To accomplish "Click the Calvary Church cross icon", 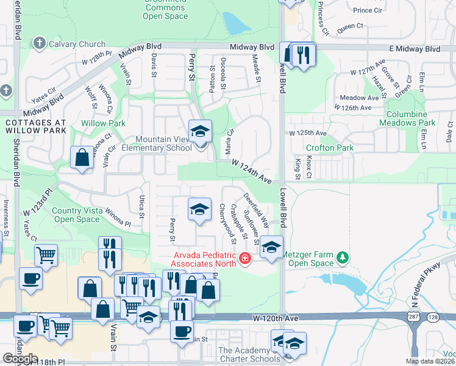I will pos(40,43).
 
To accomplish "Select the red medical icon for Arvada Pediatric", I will pos(245,259).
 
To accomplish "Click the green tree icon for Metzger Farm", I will pos(343,259).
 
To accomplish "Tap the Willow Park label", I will pos(104,123).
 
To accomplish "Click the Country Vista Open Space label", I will pos(76,215).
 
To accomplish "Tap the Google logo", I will pos(20,359).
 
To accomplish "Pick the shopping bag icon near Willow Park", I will pos(82,158).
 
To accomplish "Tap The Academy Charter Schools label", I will pos(244,354).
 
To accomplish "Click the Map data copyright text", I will pos(430,361).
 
